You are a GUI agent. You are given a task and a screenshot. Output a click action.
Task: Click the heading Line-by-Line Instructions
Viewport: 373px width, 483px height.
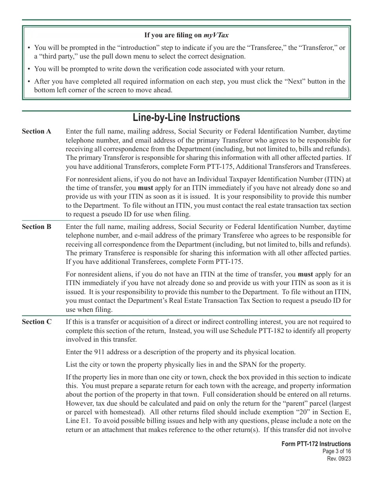point(186,117)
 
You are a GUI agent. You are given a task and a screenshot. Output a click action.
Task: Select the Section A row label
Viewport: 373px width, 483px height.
point(37,132)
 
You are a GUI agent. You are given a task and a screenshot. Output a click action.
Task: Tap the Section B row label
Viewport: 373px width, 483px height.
point(37,227)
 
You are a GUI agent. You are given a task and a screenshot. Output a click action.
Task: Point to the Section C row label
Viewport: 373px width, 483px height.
point(37,322)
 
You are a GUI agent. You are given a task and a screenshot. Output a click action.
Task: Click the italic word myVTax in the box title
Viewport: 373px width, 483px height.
point(216,35)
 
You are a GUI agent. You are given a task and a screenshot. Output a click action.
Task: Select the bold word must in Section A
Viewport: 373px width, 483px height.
point(145,188)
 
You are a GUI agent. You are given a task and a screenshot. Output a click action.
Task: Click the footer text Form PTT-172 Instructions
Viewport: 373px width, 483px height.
point(316,444)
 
